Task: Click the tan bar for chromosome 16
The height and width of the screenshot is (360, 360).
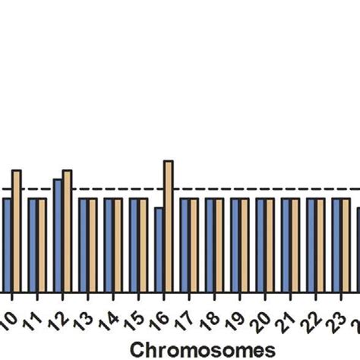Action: (x=169, y=226)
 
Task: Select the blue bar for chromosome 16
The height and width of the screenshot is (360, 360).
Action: (x=159, y=249)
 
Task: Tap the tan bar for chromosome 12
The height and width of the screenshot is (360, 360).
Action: (x=67, y=231)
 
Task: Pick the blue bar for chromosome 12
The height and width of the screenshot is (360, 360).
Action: (x=58, y=235)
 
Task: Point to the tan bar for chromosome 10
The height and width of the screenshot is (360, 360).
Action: (x=17, y=231)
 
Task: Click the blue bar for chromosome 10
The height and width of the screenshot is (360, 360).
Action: (x=7, y=245)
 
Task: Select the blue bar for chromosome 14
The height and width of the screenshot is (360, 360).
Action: (x=109, y=245)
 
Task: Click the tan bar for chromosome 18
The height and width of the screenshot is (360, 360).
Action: (x=219, y=245)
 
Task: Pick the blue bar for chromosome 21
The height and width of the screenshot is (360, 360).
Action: (x=286, y=245)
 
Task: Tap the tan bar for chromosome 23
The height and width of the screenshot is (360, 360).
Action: (x=346, y=245)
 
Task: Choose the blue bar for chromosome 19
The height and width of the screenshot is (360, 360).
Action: (x=235, y=245)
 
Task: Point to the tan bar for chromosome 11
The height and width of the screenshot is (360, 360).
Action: (x=42, y=245)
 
